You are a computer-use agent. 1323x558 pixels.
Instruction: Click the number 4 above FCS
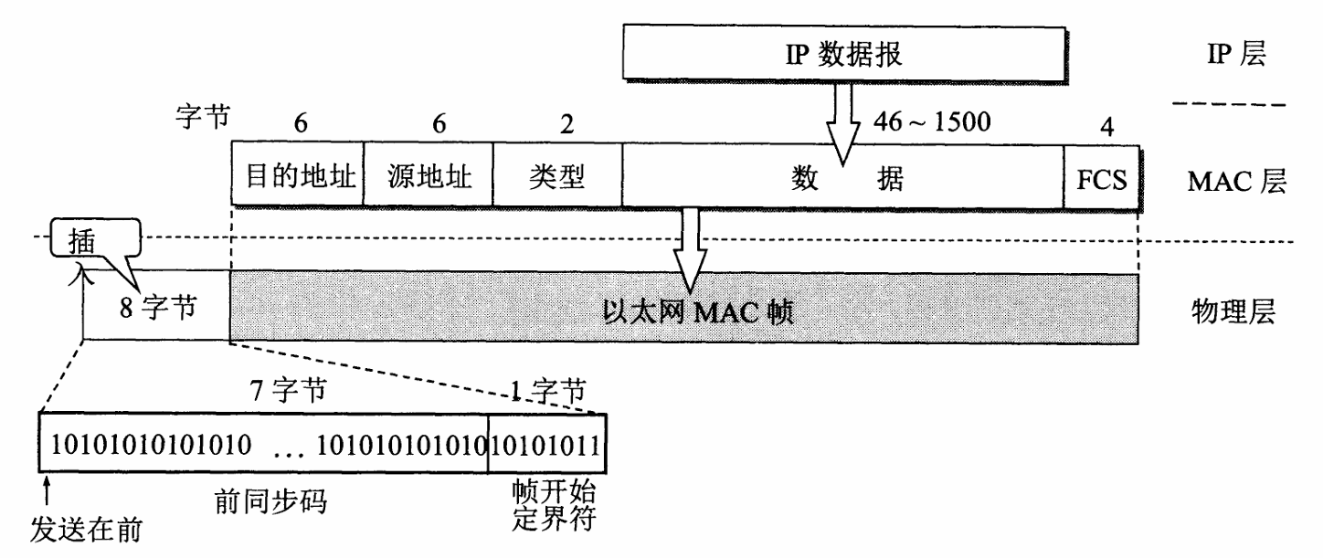click(x=1106, y=126)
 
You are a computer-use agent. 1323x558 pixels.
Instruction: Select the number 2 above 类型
click(x=566, y=124)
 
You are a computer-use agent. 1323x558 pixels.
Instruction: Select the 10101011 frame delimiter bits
click(x=545, y=446)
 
